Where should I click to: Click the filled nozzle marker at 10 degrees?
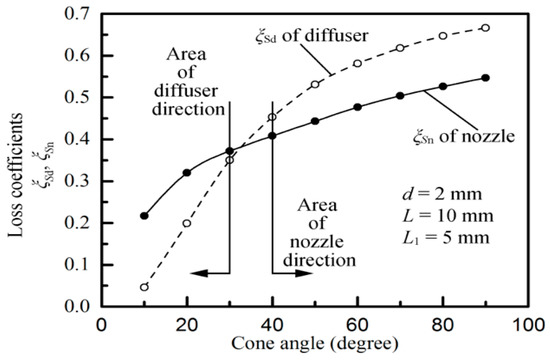(144, 215)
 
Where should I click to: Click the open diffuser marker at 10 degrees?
(144, 287)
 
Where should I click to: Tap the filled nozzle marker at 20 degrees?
(187, 173)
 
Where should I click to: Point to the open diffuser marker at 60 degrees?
(357, 64)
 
